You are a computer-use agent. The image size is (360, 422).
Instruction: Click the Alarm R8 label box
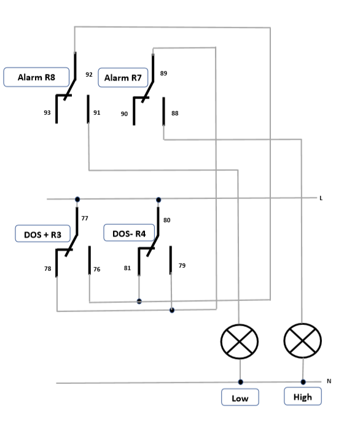coord(36,77)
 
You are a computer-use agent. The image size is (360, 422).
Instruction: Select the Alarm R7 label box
coord(123,78)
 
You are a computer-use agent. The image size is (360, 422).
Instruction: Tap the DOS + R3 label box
coord(43,233)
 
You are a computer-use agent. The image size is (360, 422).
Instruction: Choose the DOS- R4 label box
coord(129,233)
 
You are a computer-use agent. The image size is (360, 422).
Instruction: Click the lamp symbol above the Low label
coord(240,342)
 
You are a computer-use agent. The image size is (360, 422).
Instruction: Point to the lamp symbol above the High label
coord(303,341)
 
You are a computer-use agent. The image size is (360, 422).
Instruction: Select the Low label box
coord(240,397)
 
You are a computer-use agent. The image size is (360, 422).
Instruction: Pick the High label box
coord(303,396)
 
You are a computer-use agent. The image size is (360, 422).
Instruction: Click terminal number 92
coord(89,74)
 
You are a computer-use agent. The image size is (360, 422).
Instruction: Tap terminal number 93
coord(47,112)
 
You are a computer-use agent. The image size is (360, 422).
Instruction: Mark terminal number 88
coord(175,113)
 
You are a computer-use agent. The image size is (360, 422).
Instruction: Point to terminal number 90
coord(124,114)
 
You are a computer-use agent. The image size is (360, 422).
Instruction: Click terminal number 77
coord(85,218)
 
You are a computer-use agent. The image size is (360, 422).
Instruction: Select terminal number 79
coord(182,265)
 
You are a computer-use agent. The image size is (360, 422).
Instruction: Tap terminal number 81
coord(127,268)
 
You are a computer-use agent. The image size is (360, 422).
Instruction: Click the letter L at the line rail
coord(321,198)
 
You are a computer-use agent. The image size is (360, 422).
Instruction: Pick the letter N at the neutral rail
coord(329,381)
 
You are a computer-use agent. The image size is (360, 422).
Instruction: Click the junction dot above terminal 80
coord(158,200)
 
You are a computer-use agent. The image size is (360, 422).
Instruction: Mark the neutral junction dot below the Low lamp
coord(241,382)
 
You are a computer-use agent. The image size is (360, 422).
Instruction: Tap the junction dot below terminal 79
coord(172,310)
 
